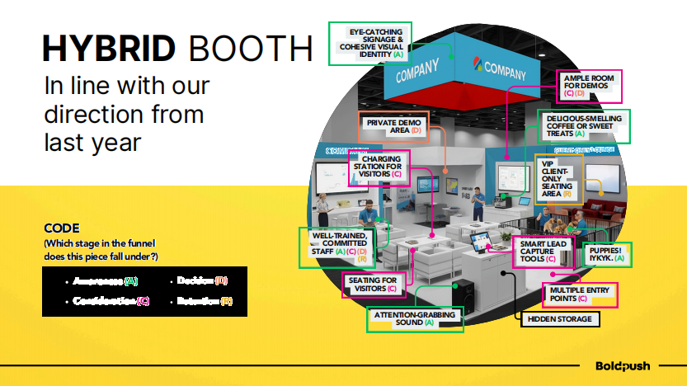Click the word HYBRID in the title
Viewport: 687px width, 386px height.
(109, 49)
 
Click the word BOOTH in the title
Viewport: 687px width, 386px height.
(251, 49)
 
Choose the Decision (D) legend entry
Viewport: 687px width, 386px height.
(202, 281)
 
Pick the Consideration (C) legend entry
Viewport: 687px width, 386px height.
(111, 301)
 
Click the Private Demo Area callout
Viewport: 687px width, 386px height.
(393, 126)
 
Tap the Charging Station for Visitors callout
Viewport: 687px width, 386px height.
(381, 167)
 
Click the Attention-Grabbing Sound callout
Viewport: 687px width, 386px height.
(415, 318)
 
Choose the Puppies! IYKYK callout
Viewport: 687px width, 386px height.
(607, 254)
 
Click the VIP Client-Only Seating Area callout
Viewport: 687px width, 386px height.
(558, 178)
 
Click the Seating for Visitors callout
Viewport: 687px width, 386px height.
(372, 285)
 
